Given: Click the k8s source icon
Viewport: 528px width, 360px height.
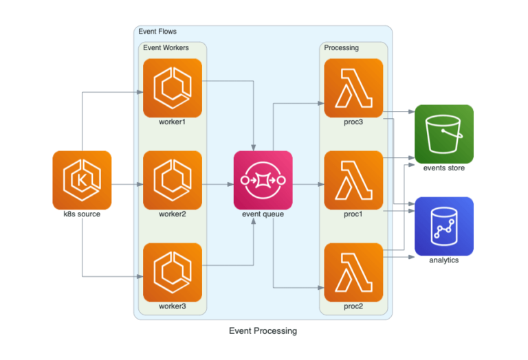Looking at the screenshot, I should coord(82,179).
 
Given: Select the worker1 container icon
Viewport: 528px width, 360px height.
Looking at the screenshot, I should coord(172,88).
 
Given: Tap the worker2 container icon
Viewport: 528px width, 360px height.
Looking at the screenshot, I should coord(172,179).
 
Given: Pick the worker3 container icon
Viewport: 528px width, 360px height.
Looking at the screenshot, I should coord(172,271).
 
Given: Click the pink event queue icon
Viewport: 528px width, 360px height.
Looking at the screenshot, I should coord(263,179).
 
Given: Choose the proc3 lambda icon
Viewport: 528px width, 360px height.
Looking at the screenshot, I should coord(353,88).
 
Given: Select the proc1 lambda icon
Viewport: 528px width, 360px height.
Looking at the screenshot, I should coord(353,179).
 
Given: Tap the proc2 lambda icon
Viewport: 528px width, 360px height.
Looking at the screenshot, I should coord(353,271).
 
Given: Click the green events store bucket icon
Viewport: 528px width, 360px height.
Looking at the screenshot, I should coord(443,133).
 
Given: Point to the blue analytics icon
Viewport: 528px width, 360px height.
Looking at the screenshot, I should coord(443,226).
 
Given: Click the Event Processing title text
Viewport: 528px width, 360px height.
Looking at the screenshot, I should coord(263,330).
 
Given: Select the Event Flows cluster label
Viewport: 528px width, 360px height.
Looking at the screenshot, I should coord(157,32).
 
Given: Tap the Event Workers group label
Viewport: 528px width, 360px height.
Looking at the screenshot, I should coord(166,47).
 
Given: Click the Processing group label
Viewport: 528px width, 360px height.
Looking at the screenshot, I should coord(341,47).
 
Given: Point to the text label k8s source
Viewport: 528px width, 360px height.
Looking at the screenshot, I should coord(82,214).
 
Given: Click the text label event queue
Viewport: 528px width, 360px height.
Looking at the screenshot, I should coord(263,214).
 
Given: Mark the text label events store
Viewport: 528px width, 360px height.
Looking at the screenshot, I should coord(443,168).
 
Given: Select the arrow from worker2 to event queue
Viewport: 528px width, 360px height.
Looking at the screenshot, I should coord(217,184).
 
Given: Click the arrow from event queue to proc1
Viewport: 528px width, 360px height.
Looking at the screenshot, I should coord(308,184).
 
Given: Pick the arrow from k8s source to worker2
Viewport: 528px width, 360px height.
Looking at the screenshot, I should coord(126,184).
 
